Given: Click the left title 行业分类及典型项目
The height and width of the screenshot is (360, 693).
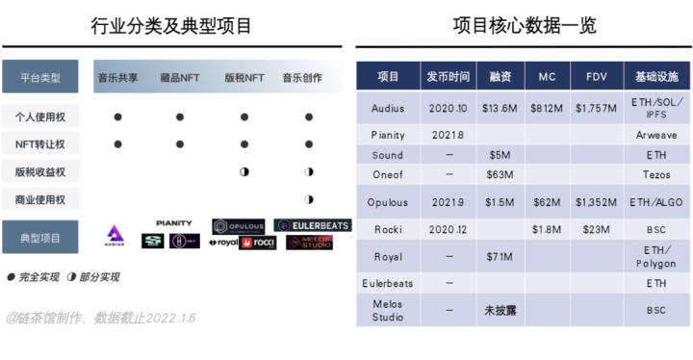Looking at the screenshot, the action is (171, 26).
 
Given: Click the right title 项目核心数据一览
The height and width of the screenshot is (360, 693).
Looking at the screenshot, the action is (525, 26).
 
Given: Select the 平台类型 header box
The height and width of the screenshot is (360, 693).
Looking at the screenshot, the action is (39, 77).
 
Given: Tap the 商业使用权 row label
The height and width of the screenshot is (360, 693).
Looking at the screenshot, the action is (39, 200).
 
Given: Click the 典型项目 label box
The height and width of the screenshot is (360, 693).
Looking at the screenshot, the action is (39, 237).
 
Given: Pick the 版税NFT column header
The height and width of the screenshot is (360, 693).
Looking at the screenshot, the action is (244, 77).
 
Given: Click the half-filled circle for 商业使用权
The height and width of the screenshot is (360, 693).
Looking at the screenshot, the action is (309, 200).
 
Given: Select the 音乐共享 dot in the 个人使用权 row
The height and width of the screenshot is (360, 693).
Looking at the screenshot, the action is (117, 117).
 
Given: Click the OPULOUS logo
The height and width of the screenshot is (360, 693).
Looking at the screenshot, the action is (238, 226).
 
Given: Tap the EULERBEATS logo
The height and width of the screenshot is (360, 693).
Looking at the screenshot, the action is (313, 225).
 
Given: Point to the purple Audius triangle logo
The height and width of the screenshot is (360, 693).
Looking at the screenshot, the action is (115, 234).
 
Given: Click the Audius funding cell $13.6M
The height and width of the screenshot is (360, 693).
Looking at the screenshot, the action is (500, 108).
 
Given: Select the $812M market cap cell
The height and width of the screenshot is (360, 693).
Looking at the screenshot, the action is (546, 108).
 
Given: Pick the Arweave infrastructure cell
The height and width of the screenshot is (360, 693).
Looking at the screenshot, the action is (656, 136).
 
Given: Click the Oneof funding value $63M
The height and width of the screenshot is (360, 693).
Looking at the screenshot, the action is (500, 174).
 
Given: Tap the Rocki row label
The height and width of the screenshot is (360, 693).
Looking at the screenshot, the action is (388, 230).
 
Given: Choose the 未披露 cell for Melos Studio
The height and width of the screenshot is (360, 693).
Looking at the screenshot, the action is (500, 310).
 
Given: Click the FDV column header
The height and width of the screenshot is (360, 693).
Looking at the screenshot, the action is (595, 76).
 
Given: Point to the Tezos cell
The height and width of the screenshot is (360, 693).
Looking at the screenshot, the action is (656, 174).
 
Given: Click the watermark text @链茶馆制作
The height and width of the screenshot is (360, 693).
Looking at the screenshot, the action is (48, 318).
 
